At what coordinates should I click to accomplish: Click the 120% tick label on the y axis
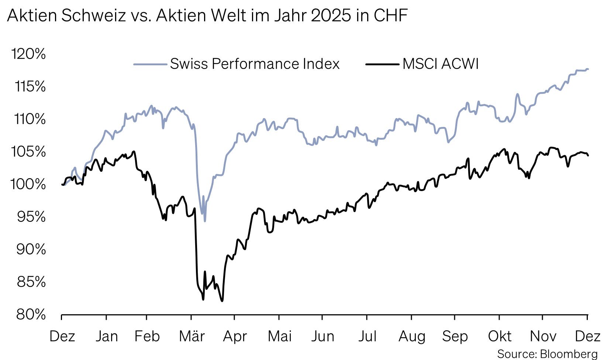[x=29, y=54]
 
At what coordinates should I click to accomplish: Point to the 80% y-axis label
[x=31, y=315]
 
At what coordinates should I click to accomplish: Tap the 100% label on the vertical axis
[x=28, y=184]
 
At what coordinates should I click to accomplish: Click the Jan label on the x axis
[x=107, y=336]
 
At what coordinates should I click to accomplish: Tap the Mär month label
[x=192, y=336]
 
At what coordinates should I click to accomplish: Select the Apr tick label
[x=235, y=336]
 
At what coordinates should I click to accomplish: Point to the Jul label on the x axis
[x=367, y=336]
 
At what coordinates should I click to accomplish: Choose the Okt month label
[x=500, y=336]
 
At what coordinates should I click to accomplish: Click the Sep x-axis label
[x=455, y=336]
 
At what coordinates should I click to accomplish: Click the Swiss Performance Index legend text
[x=255, y=64]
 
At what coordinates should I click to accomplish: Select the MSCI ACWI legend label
[x=441, y=64]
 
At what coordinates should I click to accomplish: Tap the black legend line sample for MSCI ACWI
[x=382, y=65]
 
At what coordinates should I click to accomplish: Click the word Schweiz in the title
[x=93, y=15]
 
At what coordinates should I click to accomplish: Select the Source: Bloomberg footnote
[x=547, y=354]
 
